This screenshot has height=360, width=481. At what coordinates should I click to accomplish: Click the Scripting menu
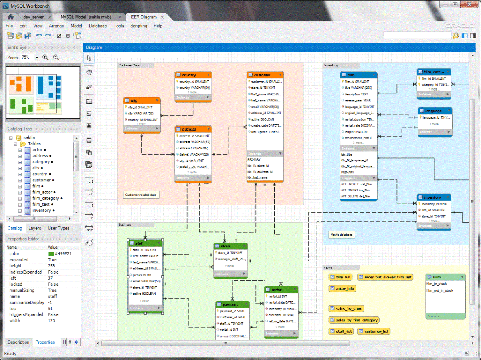click(139, 26)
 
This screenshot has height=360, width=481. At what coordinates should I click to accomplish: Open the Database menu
click(98, 26)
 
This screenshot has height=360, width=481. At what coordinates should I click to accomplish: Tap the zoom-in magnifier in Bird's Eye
click(45, 58)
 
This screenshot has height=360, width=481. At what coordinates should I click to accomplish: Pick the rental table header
click(281, 290)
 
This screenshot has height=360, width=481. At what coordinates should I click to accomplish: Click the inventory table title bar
click(434, 197)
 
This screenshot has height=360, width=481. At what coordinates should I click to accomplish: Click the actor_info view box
click(342, 288)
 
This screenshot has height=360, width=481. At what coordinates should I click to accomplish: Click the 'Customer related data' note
click(141, 195)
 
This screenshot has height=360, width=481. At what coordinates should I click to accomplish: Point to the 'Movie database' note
click(342, 235)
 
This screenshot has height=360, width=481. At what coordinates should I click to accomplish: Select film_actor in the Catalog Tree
click(42, 192)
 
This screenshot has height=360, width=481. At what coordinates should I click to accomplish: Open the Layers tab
click(35, 228)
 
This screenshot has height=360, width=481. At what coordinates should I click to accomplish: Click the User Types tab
click(59, 228)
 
